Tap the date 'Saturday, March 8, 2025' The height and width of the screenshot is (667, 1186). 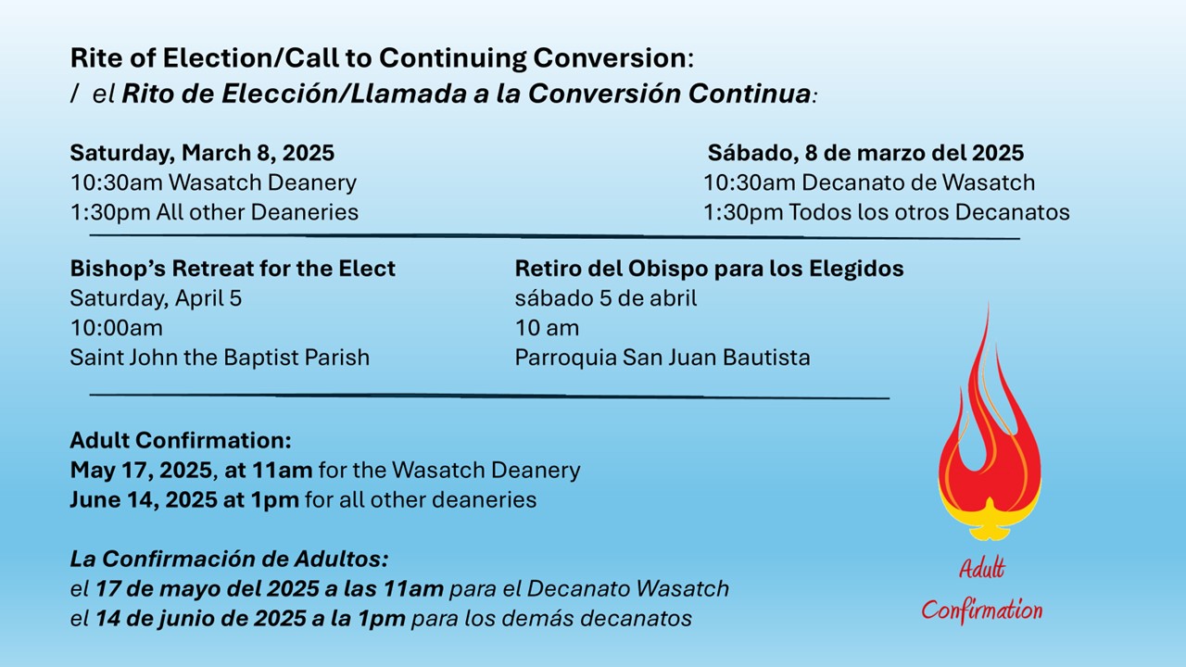(202, 153)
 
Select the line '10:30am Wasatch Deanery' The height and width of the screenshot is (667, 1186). (213, 182)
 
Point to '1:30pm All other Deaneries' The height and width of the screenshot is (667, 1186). (214, 212)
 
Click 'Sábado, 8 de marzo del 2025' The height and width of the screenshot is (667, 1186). (865, 153)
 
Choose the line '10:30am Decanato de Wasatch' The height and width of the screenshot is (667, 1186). (869, 182)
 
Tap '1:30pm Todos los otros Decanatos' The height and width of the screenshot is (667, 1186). (887, 212)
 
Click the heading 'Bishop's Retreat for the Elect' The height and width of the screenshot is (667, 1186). (233, 269)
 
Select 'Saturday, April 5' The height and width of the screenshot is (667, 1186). (156, 298)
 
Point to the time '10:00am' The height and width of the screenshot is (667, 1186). (117, 328)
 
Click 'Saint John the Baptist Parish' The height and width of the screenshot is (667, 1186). (220, 358)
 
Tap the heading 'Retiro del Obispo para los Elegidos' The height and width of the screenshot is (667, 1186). (710, 269)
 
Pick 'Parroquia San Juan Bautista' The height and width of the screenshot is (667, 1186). (662, 358)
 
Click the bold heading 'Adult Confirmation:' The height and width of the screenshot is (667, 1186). (181, 440)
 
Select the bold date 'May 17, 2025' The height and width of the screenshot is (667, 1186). (142, 470)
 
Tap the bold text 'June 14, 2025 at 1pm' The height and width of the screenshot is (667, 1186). (184, 499)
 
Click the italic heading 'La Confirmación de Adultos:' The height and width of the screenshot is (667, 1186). (229, 559)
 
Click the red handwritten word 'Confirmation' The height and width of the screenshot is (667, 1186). (981, 610)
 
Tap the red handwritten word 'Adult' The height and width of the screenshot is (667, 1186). (981, 569)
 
